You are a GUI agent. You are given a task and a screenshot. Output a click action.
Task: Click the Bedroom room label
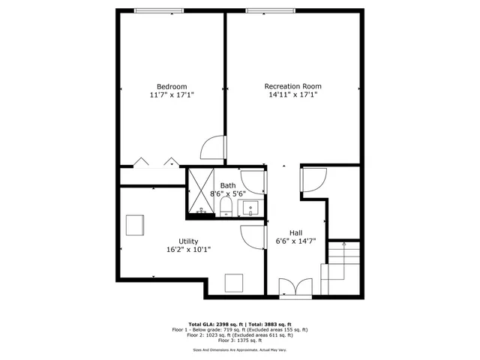tap(171, 86)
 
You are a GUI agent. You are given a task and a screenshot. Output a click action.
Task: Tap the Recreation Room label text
tap(292, 86)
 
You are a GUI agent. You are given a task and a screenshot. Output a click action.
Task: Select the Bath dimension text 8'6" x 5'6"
tap(227, 193)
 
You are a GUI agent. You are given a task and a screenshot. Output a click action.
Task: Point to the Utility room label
tap(188, 241)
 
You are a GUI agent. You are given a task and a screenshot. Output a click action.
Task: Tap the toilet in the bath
tap(226, 208)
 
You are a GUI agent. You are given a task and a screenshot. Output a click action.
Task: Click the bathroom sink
tap(253, 208)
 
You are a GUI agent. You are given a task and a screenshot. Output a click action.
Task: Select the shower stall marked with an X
tap(200, 192)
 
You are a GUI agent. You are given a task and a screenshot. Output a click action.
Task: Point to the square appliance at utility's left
tap(135, 225)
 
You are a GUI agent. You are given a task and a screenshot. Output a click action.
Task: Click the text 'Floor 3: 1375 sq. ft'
tap(240, 340)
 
